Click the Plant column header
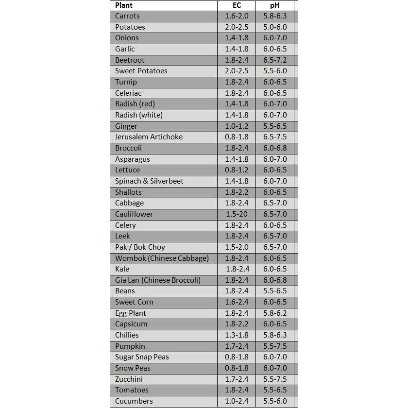124,5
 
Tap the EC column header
237,5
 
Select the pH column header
274,5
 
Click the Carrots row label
127,16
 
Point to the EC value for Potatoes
237,27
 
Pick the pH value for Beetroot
275,60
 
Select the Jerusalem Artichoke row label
149,137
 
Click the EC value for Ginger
237,126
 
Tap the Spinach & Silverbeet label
149,181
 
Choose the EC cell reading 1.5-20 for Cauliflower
237,214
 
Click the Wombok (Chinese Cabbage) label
162,258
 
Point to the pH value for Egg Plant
275,313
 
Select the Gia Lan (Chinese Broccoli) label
158,280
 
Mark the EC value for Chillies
237,335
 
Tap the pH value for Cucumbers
275,401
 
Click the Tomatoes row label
132,390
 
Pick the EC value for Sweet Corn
237,302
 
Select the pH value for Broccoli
275,148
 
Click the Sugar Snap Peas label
142,357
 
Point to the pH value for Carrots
275,16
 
